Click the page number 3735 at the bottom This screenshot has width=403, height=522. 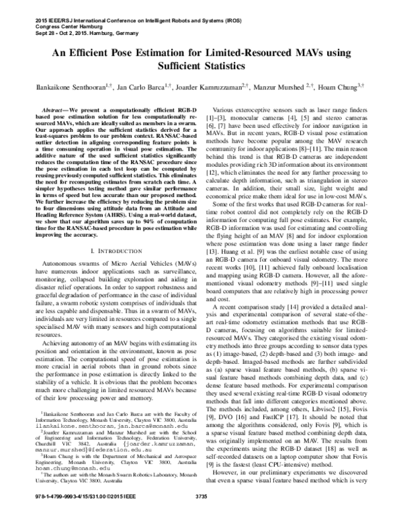pos(201,515)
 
